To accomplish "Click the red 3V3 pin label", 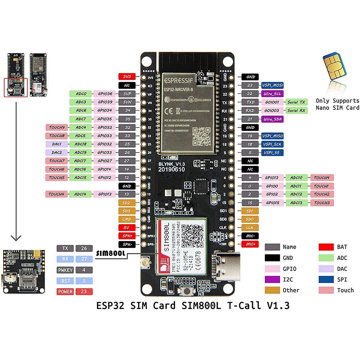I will point(127,76).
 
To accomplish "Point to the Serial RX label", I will point(297,111).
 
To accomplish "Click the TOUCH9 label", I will point(57,127).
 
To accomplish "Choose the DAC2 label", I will point(57,152).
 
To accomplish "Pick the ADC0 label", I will point(81,94).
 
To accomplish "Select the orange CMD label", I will point(127,219).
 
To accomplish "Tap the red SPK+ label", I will point(127,235).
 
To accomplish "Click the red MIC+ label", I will point(250,244).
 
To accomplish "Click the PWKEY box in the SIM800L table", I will point(65,270).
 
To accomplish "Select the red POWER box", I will point(65,292).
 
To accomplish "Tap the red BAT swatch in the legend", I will point(326,247).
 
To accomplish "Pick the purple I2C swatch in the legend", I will point(272,279).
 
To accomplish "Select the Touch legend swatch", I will point(326,290).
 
